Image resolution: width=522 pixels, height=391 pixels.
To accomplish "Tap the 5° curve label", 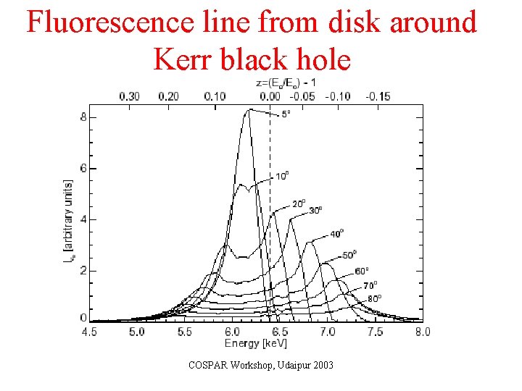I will pos(286,114).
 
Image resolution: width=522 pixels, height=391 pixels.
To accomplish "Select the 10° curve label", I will pos(282,176).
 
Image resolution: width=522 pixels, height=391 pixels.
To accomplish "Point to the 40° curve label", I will pos(337,233).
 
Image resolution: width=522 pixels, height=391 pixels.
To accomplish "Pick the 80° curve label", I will pos(374,298).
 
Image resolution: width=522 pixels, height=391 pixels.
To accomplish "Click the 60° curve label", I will pos(362,272).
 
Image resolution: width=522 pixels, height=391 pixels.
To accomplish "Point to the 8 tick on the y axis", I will pos(83,117).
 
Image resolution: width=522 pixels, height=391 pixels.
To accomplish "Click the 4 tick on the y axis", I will pos(83,219).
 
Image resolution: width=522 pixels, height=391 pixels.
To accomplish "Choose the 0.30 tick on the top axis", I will pos(129,96).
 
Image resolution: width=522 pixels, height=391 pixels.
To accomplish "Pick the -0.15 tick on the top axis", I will pos(378,96).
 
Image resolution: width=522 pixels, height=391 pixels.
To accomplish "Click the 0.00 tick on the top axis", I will pos(270,96).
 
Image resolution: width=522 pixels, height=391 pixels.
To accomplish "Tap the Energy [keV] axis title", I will pos(256,342).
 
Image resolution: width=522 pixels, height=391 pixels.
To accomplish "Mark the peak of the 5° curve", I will pos(250,109).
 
